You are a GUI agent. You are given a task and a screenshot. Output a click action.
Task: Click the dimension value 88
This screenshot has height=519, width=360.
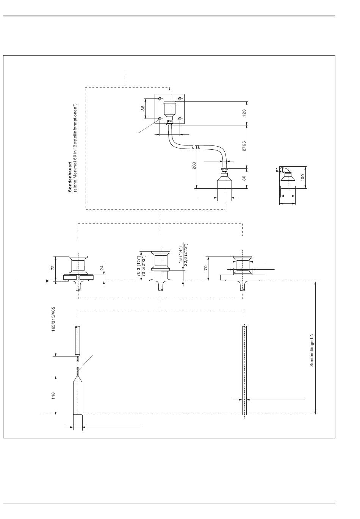pos(143,108)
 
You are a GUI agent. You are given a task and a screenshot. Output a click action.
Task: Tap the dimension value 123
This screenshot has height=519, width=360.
pos(244,113)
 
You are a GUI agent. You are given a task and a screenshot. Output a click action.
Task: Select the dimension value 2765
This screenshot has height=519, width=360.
pos(244,146)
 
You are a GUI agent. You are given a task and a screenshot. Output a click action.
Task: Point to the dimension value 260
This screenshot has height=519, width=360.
pos(194,166)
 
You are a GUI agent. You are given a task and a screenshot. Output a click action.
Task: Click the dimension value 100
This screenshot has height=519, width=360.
pos(302,177)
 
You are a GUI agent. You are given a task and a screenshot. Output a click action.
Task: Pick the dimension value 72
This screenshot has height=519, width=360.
pos(53,267)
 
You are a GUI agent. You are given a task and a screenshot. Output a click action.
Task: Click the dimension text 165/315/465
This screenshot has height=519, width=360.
pos(53,319)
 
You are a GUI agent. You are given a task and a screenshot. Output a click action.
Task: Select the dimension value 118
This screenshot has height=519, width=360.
pos(53,396)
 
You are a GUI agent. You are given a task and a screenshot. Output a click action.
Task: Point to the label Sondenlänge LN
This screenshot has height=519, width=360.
pos(311,350)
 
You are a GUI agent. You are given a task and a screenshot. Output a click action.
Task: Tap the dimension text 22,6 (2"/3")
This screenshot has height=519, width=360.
pos(185,256)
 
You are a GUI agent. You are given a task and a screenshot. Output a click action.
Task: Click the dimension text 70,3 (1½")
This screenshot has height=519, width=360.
pos(138,266)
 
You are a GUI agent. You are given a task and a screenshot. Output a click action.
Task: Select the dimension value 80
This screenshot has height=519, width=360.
pos(244,178)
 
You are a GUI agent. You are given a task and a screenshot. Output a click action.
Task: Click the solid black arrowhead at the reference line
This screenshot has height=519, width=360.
pos(47,281)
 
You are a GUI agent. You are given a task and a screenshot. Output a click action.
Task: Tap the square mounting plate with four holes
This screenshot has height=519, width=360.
pos(169,109)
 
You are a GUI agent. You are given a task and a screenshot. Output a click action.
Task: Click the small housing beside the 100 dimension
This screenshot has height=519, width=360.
pos(288,181)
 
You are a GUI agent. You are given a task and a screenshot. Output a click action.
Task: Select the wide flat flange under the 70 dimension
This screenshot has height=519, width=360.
pos(242,278)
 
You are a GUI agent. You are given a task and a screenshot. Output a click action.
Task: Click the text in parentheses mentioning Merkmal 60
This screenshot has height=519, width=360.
pos(75,148)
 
